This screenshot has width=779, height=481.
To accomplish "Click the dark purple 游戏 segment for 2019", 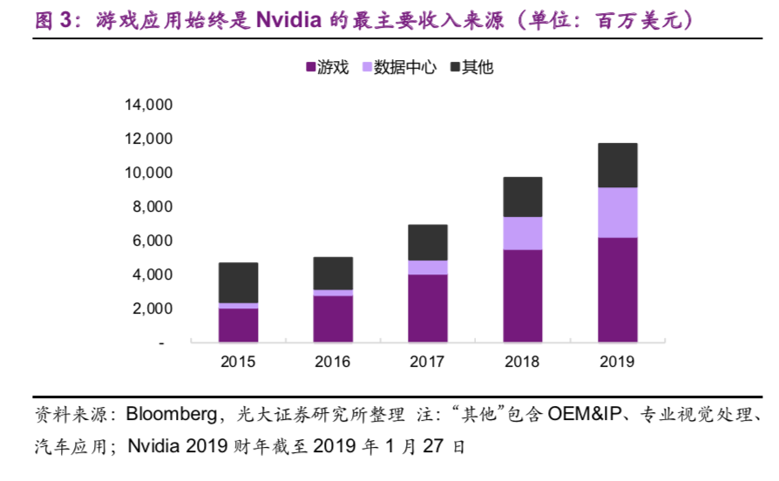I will pos(617,289).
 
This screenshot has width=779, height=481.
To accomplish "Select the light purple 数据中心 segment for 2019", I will pos(617,213).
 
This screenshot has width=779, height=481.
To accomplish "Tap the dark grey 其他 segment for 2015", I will pos(238,283).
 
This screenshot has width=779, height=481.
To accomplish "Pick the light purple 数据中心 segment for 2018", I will pos(523,234).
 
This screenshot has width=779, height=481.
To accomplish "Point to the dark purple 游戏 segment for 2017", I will pos(428,308).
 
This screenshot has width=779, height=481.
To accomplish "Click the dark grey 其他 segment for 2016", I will pos(333,274).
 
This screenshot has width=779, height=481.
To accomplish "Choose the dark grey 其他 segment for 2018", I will pos(523,197).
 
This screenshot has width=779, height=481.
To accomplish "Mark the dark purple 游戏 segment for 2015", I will pos(238,325).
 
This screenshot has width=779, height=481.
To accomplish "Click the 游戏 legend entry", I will pos(326,67).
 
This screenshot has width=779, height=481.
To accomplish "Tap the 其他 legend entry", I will pos(471,67).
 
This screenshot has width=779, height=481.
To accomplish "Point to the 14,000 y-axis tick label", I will pos(149,105).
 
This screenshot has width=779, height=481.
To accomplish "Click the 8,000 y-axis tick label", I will pos(153,207).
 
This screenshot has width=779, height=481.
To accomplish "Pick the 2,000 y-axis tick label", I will pos(153,309).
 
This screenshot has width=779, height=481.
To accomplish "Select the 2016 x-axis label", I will pos(333,362).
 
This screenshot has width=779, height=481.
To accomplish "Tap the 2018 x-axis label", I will pos(523,362).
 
